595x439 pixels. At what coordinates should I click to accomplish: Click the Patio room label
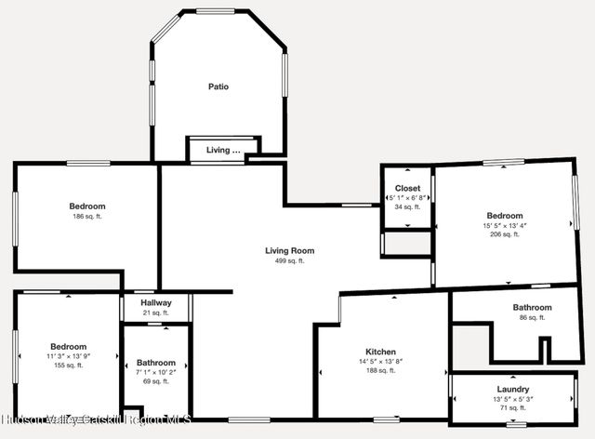pos(218,87)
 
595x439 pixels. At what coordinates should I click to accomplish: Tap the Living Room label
pos(289,250)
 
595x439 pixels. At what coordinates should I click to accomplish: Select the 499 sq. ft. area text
pos(289,261)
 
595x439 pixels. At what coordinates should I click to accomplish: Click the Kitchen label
pos(381,352)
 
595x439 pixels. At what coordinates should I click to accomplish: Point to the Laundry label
pos(513,389)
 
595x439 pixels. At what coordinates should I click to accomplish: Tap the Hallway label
pos(156,303)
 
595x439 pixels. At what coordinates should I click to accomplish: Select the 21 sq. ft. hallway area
pos(156,313)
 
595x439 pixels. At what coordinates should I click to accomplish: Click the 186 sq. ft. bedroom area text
pos(86,217)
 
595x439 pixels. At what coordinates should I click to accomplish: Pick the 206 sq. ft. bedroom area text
pos(505,235)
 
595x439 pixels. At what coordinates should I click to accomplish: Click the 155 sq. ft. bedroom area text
pos(68,366)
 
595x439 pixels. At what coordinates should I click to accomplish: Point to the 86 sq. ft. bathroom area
pos(532,318)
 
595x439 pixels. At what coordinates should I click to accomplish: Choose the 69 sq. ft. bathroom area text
pos(156,382)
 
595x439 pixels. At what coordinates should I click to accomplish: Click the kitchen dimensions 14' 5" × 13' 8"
pos(381,361)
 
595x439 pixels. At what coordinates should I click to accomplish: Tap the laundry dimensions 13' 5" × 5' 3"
pos(513,399)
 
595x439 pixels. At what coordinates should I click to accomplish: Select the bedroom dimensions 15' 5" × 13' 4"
pos(505,225)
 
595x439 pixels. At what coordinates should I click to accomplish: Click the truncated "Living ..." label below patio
pos(223,150)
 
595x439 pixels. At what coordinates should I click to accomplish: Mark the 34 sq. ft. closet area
pos(407,206)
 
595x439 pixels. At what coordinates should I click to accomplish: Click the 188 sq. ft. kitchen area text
pos(381,370)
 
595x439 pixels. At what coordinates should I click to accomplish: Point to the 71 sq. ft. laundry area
pos(513,408)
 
